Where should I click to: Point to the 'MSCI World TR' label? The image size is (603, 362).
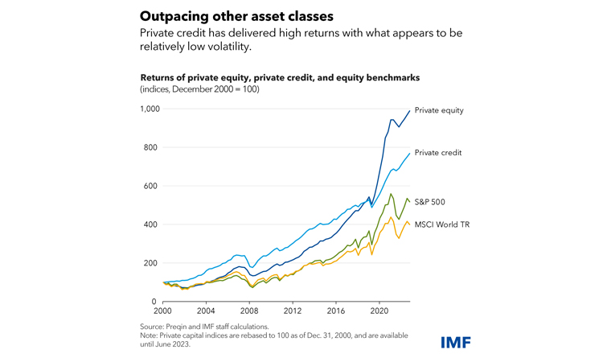pos(441,224)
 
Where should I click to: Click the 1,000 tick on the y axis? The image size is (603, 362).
pos(148,109)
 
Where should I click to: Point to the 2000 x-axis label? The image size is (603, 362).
pos(163,310)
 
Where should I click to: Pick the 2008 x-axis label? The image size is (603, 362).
pos(249,310)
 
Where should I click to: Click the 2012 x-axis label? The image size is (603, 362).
pos(293,310)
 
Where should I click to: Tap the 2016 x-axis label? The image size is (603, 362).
pos(336,310)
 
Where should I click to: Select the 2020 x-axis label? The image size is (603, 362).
pos(379,310)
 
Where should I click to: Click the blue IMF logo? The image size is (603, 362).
pos(455,342)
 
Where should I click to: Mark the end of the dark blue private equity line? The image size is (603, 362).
pos(410,111)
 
